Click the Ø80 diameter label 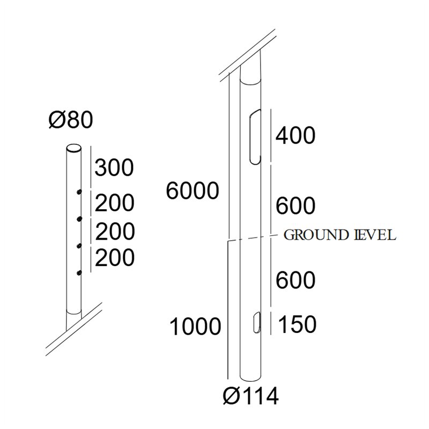(71, 120)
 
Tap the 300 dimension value (114, 167)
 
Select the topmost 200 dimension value (115, 203)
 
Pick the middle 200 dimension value (115, 232)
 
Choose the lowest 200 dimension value (115, 257)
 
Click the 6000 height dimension (193, 191)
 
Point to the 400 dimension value (295, 136)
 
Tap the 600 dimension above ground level (295, 206)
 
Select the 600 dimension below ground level (295, 280)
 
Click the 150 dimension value (298, 324)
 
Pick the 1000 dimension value (195, 327)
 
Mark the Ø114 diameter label (251, 396)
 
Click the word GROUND (316, 235)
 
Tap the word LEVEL (374, 235)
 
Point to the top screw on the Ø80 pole (79, 192)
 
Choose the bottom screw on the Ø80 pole (79, 272)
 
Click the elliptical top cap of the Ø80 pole (73, 148)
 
